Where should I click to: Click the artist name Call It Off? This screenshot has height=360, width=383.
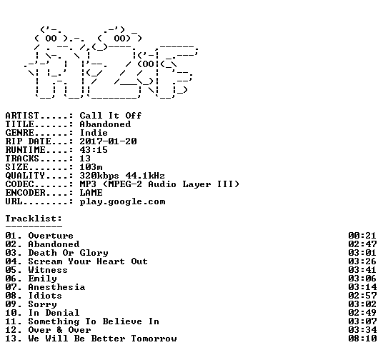click(x=111, y=116)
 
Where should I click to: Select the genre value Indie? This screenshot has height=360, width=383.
click(x=94, y=133)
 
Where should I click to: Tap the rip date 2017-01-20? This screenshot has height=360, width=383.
click(x=108, y=141)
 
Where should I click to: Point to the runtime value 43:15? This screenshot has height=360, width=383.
click(x=94, y=150)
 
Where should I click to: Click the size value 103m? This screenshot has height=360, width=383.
click(x=91, y=167)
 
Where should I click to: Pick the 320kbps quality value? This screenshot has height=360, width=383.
click(x=99, y=176)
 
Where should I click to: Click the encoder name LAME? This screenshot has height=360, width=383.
click(x=91, y=193)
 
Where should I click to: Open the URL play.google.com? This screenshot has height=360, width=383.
click(x=122, y=201)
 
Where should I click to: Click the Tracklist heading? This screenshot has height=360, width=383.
click(x=34, y=219)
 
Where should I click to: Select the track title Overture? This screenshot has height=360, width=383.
click(x=51, y=236)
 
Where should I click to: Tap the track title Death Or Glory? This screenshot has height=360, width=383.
click(x=68, y=253)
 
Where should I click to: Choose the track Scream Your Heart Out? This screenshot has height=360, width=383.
click(x=88, y=261)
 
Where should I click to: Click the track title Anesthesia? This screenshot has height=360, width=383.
click(x=56, y=287)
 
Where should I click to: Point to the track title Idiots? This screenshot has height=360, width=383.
click(x=45, y=296)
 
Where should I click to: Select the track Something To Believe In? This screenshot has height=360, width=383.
click(x=94, y=321)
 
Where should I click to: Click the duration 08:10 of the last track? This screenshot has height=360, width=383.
click(x=362, y=339)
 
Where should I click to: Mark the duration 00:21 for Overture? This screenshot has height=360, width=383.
click(x=362, y=236)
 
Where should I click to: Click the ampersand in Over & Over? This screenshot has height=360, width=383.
click(x=59, y=330)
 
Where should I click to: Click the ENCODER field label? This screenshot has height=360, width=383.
click(x=26, y=193)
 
